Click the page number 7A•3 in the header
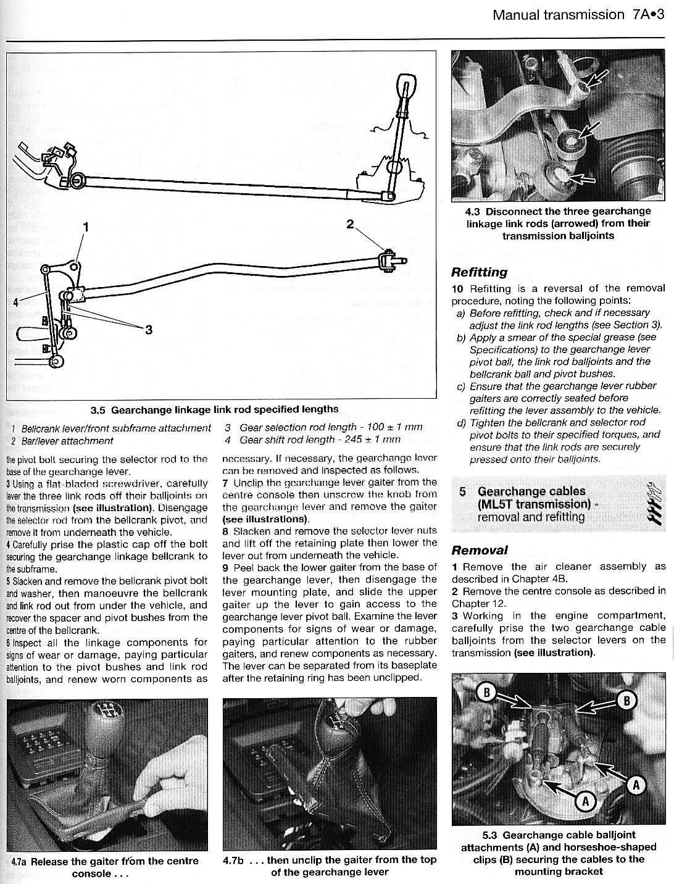(x=648, y=15)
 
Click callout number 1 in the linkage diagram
(x=86, y=227)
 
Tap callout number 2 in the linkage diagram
(x=351, y=225)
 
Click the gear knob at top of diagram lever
(x=406, y=83)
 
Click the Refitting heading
(x=479, y=272)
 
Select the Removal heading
(x=480, y=550)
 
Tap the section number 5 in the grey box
(x=462, y=491)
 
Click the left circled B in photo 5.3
(x=486, y=693)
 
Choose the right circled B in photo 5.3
(x=627, y=700)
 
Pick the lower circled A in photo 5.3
(x=585, y=801)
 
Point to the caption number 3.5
(x=98, y=409)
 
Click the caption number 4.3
(x=473, y=211)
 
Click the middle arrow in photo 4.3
(x=588, y=131)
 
